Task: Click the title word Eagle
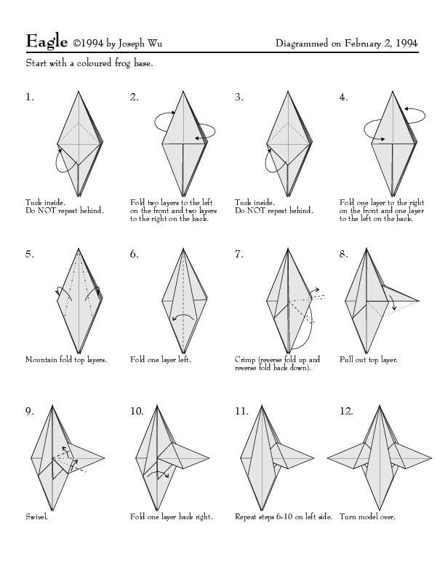click(47, 41)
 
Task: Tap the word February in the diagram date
click(362, 44)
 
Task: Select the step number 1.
click(29, 97)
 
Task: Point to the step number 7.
click(239, 255)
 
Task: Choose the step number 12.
click(346, 411)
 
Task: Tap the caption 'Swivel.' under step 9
click(36, 516)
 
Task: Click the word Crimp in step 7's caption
click(245, 359)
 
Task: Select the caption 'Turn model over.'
click(367, 516)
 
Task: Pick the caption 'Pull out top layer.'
click(368, 359)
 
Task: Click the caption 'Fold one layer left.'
click(161, 359)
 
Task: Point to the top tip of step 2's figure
click(183, 91)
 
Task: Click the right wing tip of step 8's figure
click(419, 301)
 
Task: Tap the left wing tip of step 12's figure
click(327, 458)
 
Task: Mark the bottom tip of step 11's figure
click(262, 510)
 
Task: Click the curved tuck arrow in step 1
click(57, 161)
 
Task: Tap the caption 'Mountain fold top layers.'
click(66, 359)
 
